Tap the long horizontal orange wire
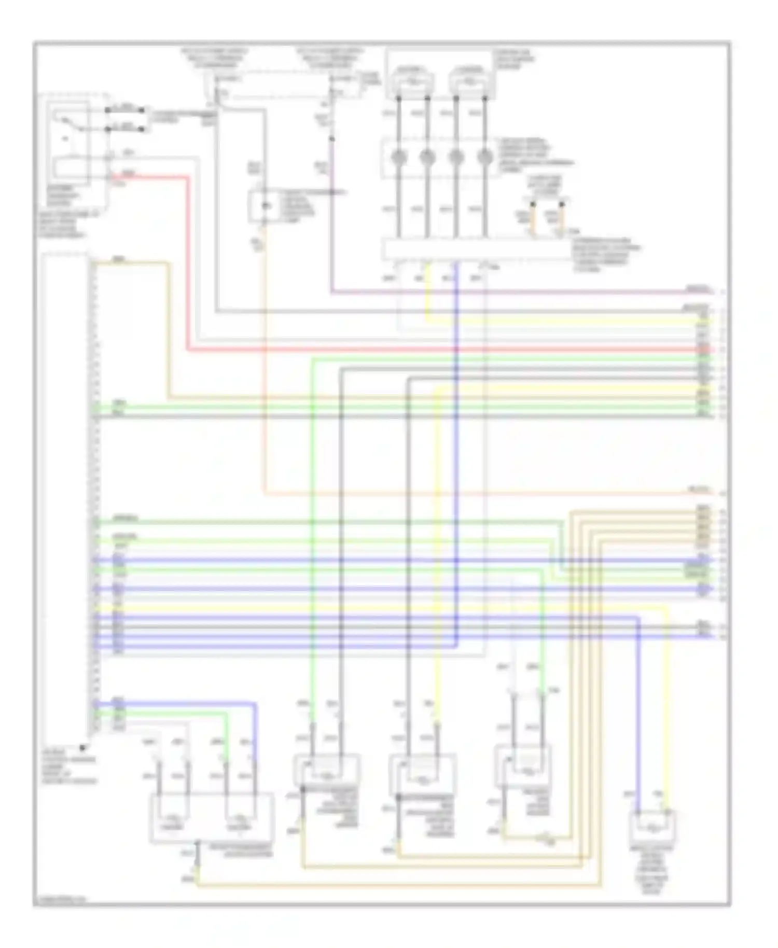(467, 493)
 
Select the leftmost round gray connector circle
(398, 156)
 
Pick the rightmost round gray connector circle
(485, 156)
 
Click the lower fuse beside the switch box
(125, 128)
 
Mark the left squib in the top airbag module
(413, 81)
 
